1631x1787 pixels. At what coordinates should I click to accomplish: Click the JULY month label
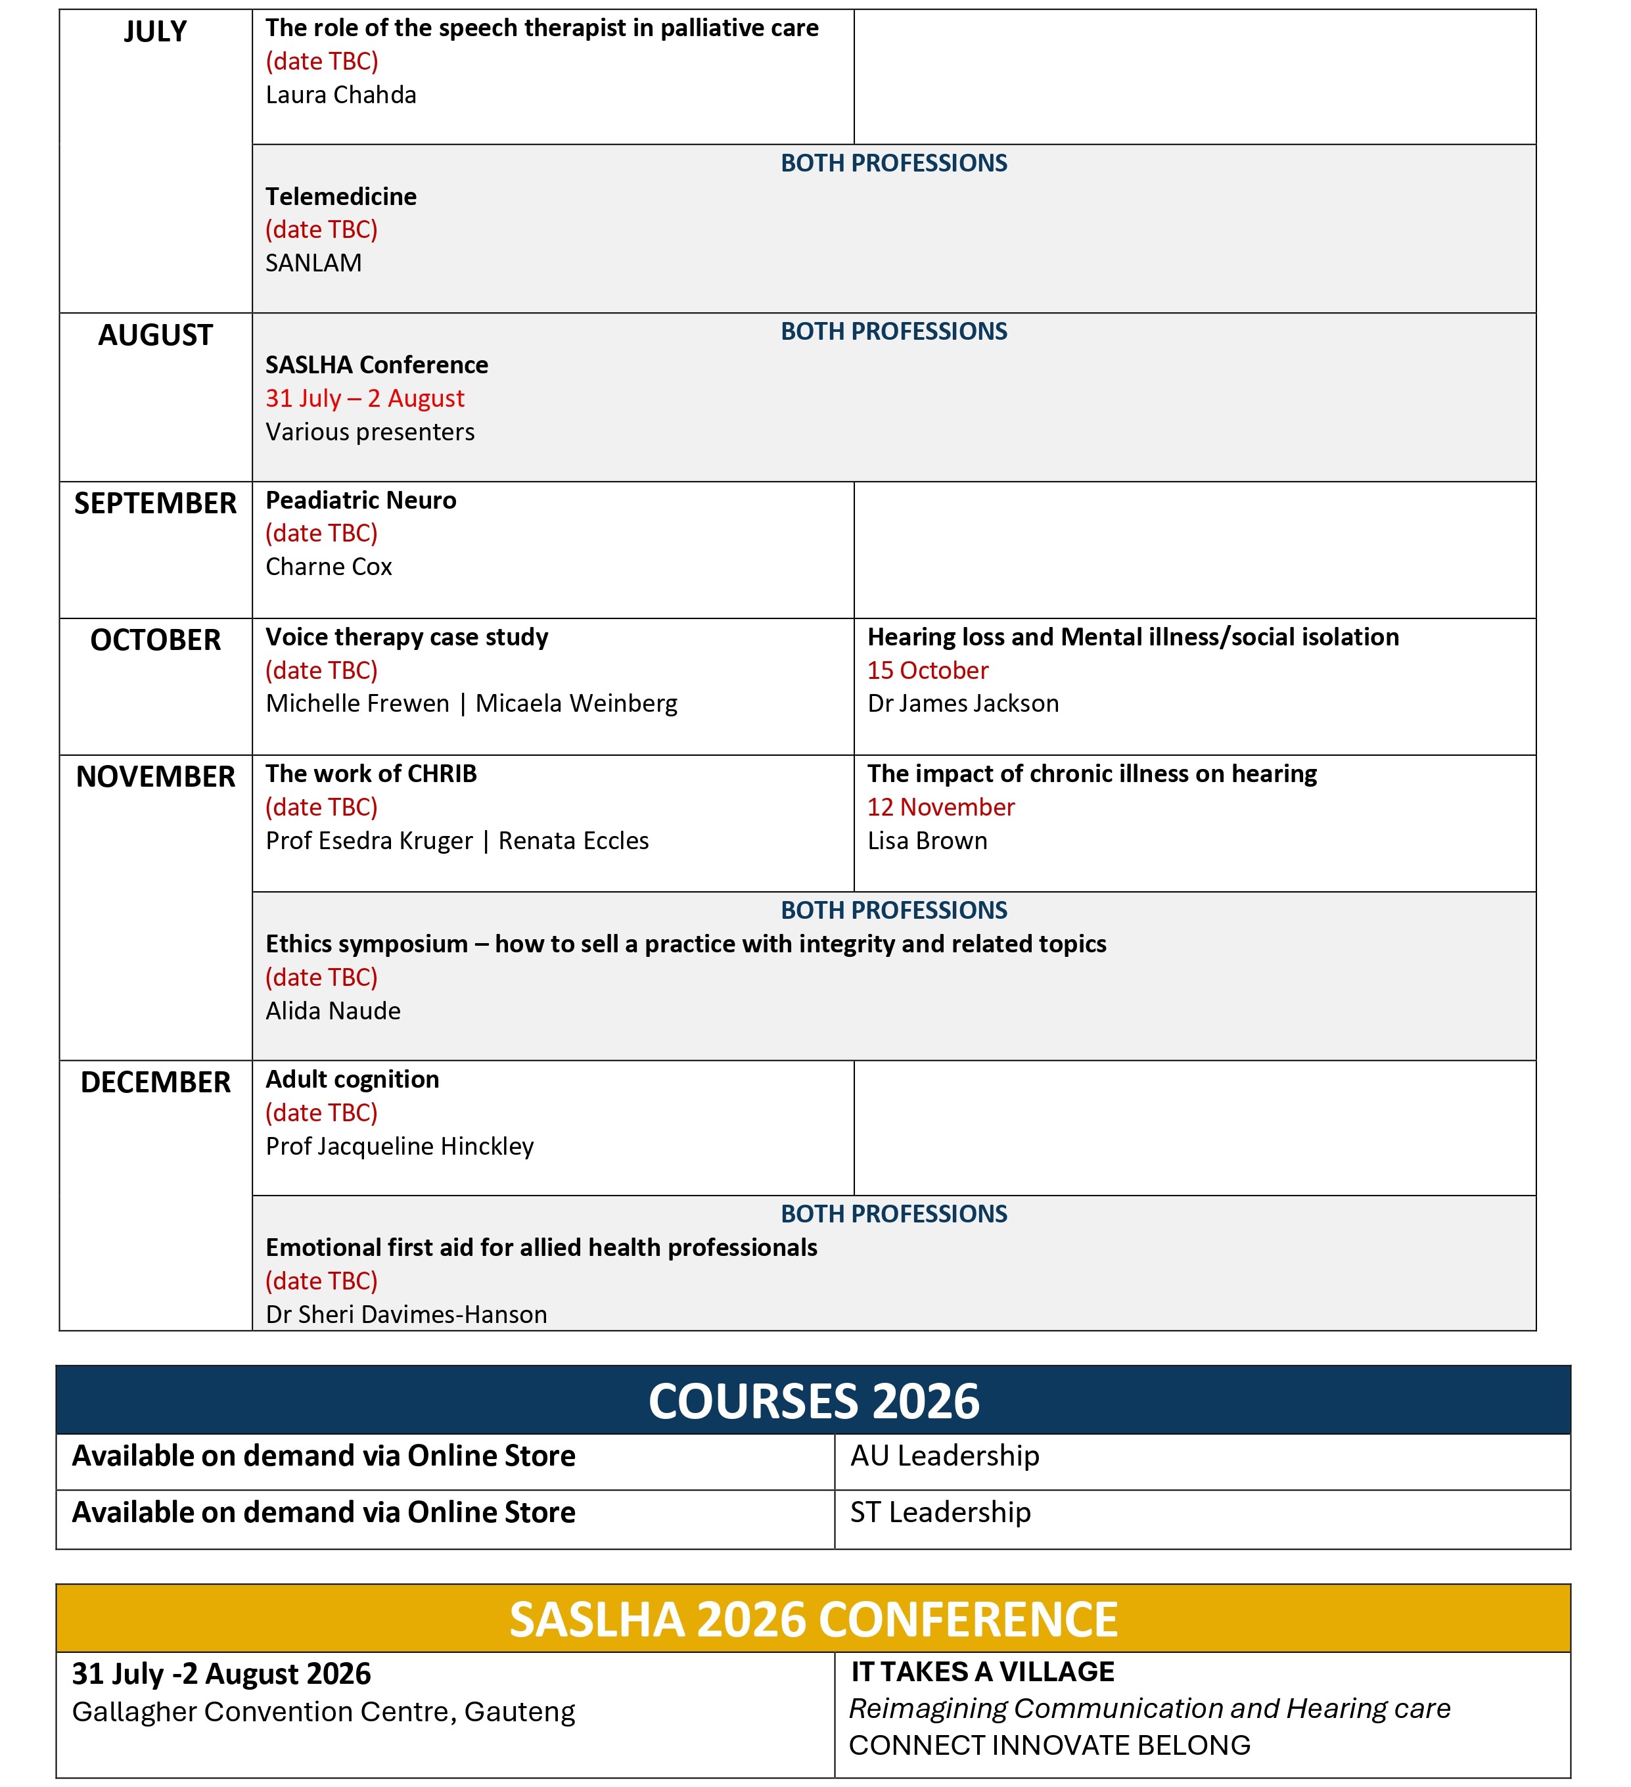pyautogui.click(x=155, y=32)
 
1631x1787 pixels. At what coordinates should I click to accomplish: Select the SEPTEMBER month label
pyautogui.click(x=155, y=503)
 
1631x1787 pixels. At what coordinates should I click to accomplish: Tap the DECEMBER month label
pyautogui.click(x=155, y=1082)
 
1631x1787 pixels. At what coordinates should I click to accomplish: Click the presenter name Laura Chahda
pyautogui.click(x=340, y=95)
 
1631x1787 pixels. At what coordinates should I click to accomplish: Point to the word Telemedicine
pyautogui.click(x=340, y=197)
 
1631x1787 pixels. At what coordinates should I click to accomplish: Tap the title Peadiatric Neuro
pyautogui.click(x=361, y=501)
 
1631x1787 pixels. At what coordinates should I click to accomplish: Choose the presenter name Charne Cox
pyautogui.click(x=328, y=567)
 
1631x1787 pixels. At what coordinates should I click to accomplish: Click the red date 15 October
pyautogui.click(x=927, y=671)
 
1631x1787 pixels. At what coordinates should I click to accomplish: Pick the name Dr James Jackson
pyautogui.click(x=963, y=704)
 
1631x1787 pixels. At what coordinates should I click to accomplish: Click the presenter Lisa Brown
pyautogui.click(x=927, y=841)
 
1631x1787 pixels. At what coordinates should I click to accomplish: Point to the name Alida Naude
pyautogui.click(x=333, y=1011)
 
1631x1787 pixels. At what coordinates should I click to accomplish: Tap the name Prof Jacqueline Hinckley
pyautogui.click(x=399, y=1147)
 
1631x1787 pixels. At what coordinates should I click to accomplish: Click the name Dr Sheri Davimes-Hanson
pyautogui.click(x=406, y=1314)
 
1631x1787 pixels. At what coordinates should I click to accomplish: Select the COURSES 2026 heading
pyautogui.click(x=814, y=1401)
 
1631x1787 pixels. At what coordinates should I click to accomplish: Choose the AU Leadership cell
pyautogui.click(x=944, y=1456)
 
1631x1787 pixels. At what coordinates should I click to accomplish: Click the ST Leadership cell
pyautogui.click(x=940, y=1513)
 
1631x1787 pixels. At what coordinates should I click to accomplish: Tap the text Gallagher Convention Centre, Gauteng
pyautogui.click(x=323, y=1713)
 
